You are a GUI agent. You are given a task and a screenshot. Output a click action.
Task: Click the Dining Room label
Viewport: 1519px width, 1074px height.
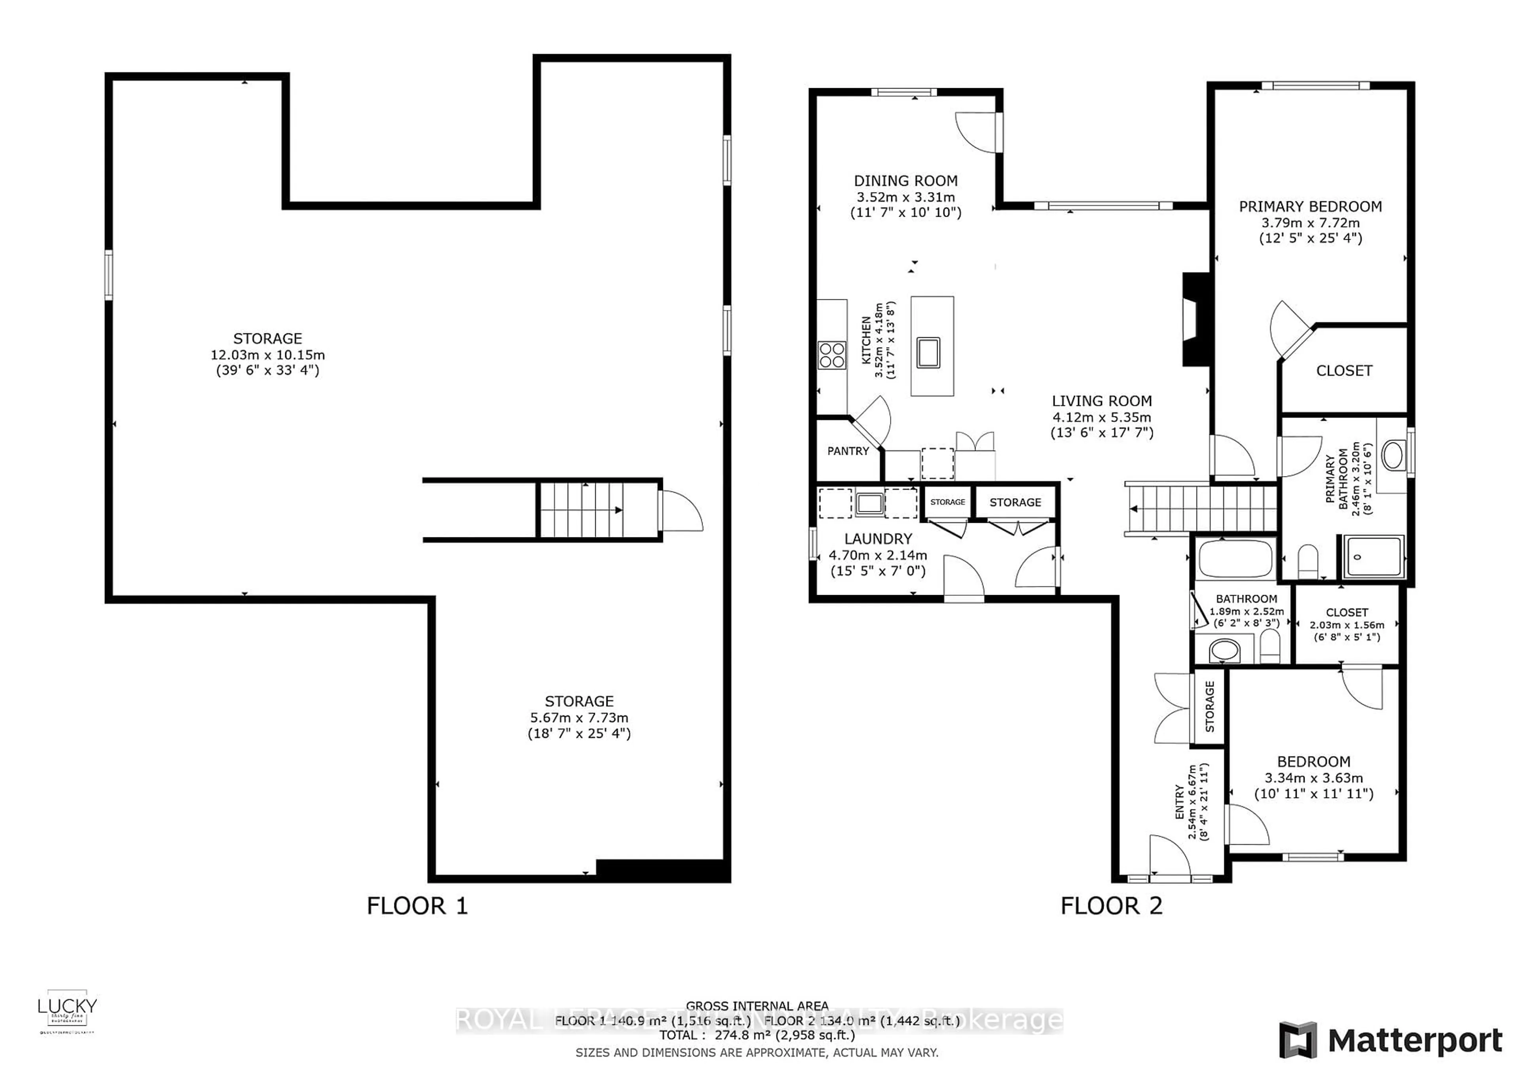pos(905,181)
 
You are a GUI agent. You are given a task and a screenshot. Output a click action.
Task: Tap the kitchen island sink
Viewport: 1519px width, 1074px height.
pos(928,352)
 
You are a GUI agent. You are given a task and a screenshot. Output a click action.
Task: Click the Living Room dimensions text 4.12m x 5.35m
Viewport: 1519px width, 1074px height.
pos(1102,417)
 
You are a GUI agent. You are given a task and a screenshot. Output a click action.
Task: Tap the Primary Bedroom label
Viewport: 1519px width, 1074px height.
pos(1310,206)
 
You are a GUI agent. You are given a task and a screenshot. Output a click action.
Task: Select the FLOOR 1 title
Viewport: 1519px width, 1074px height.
pos(417,906)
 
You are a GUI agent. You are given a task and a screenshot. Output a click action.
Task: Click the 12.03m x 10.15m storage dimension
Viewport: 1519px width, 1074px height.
pos(267,355)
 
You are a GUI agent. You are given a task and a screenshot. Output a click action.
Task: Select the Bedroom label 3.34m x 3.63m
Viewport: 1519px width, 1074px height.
pos(1313,778)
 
